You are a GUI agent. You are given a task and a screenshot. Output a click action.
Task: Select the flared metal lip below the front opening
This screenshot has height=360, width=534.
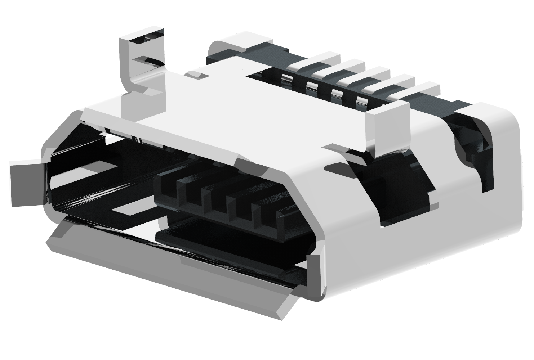(x=162, y=274)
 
